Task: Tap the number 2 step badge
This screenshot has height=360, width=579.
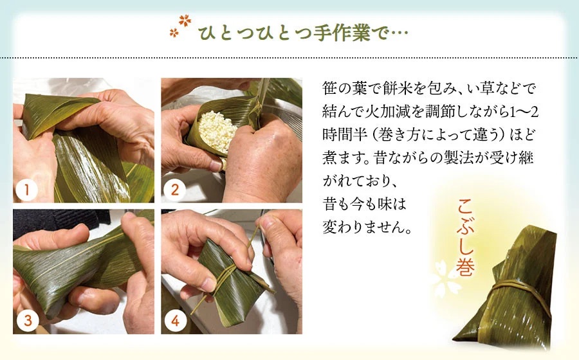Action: point(175,190)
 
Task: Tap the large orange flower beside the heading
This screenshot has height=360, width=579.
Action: point(185,21)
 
